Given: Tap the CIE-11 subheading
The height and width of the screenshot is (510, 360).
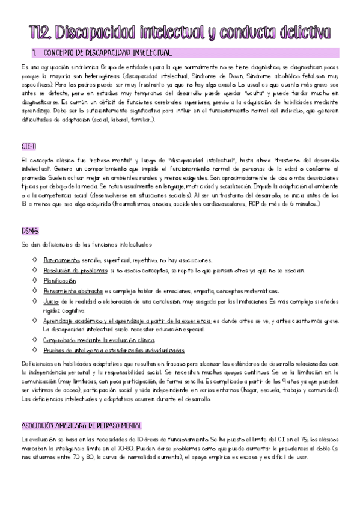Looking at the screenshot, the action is (x=29, y=146).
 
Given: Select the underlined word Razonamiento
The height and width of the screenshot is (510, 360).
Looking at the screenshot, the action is (x=61, y=260).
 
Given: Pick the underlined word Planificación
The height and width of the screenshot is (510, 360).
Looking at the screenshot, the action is (x=59, y=280).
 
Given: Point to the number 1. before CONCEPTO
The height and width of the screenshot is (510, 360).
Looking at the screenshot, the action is (x=36, y=54).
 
